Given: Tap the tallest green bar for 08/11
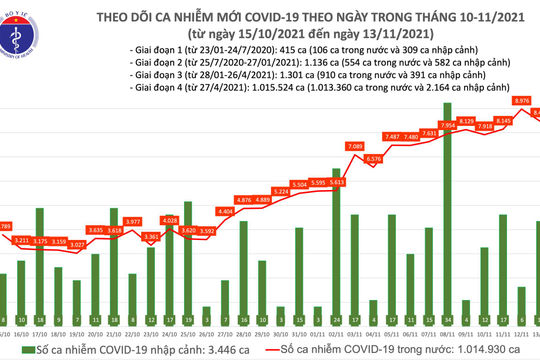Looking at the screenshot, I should (447, 210).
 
